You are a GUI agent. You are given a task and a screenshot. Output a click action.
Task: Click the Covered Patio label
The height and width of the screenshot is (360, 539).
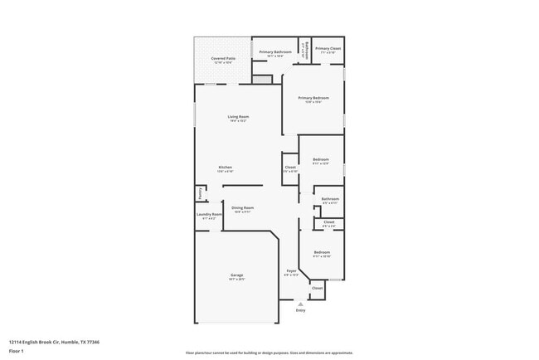[x=222, y=59]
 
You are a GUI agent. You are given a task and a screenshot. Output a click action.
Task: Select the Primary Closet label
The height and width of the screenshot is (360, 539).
[x=328, y=49]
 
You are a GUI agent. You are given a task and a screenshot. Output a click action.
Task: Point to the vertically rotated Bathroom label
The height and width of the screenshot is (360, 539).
[x=307, y=49]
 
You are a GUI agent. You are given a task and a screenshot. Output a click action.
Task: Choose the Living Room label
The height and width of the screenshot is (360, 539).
[x=238, y=117]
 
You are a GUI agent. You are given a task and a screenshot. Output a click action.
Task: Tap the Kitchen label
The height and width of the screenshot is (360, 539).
[x=225, y=167]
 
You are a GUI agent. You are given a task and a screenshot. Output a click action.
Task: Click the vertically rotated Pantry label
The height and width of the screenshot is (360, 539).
[x=199, y=193]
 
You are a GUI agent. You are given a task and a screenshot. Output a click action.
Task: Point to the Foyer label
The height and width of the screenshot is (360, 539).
[x=291, y=271]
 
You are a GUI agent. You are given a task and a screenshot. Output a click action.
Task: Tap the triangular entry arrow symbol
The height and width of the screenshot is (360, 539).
[x=300, y=304]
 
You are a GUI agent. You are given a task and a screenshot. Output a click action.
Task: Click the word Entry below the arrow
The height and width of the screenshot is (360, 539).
[x=300, y=310]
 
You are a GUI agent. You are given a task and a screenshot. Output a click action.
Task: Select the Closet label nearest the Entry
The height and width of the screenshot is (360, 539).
[x=318, y=288]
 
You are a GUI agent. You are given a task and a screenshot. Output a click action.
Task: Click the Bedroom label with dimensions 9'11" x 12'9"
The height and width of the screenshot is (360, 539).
[x=321, y=159]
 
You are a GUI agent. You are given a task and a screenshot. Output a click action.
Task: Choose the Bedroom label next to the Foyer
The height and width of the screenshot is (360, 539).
[x=321, y=252]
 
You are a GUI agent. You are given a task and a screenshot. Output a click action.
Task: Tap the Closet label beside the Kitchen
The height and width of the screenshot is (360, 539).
[x=290, y=168]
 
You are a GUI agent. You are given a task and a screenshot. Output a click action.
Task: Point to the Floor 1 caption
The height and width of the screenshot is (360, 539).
[x=17, y=351]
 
